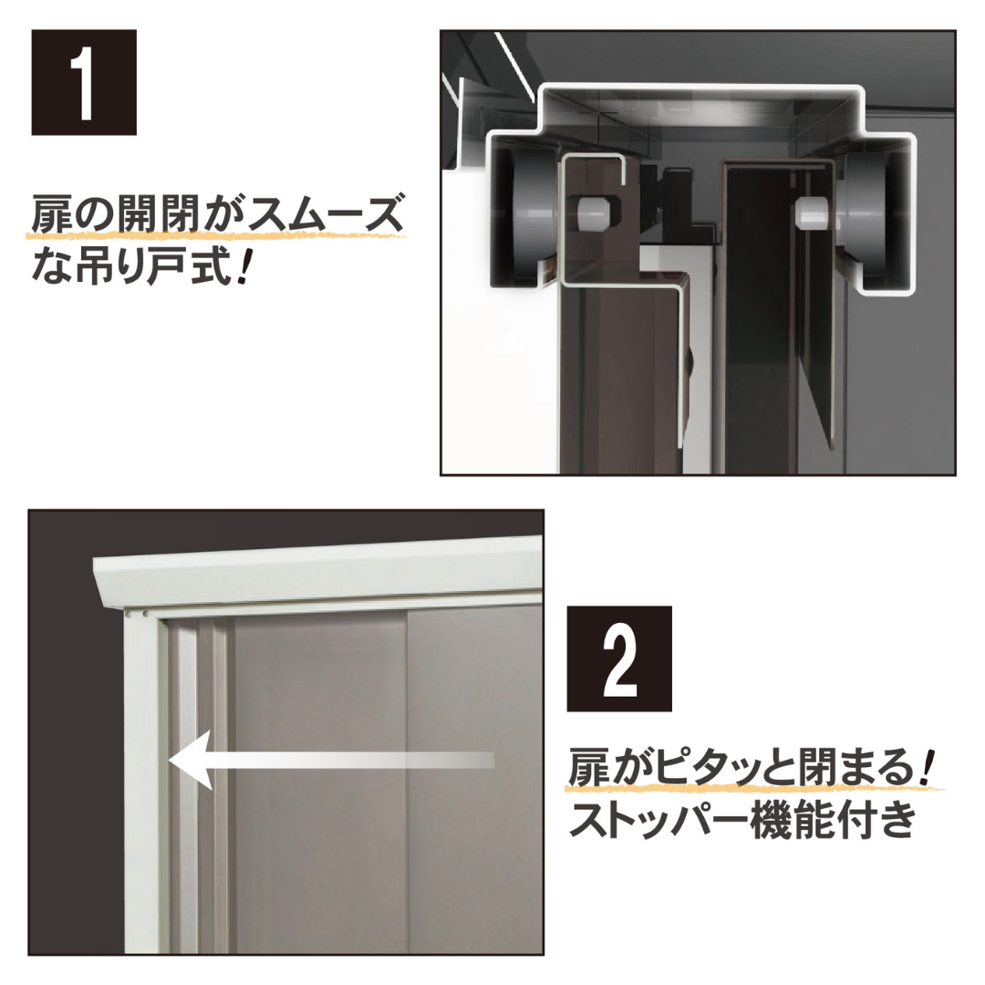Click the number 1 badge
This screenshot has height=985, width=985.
point(84,83)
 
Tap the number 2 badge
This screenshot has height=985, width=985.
point(619,658)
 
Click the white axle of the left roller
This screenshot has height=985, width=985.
point(591,212)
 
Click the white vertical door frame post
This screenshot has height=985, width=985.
point(146,784)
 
